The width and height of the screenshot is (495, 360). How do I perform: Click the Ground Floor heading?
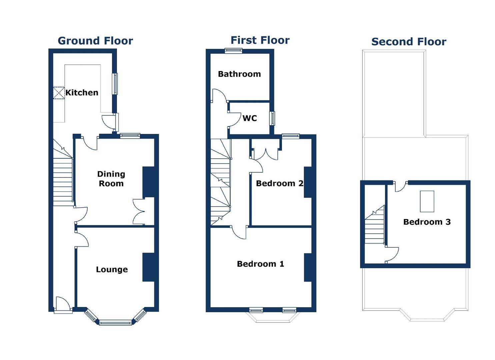pyautogui.click(x=95, y=41)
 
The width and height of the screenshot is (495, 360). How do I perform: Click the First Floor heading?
pyautogui.click(x=260, y=40)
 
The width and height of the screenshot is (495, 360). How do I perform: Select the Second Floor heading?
pyautogui.click(x=409, y=42)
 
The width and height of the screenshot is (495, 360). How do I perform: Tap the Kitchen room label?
pyautogui.click(x=82, y=93)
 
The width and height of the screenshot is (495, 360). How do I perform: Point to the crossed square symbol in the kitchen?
pyautogui.click(x=59, y=93)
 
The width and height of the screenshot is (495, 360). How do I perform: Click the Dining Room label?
pyautogui.click(x=111, y=179)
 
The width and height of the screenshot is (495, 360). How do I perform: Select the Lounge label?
pyautogui.click(x=112, y=269)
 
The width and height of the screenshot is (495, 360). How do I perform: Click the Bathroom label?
pyautogui.click(x=239, y=74)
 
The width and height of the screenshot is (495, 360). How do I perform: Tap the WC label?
pyautogui.click(x=250, y=118)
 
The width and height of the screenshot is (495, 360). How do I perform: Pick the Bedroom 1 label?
pyautogui.click(x=260, y=264)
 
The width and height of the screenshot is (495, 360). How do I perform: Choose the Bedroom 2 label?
pyautogui.click(x=279, y=183)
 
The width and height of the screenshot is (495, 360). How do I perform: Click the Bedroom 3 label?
pyautogui.click(x=427, y=222)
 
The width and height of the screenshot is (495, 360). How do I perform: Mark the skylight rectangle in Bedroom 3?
pyautogui.click(x=427, y=201)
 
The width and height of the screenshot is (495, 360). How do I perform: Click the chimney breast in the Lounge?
pyautogui.click(x=148, y=267)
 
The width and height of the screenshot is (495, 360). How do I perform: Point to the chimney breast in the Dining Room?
pyautogui.click(x=148, y=182)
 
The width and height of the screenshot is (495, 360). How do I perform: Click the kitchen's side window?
pyautogui.click(x=115, y=84)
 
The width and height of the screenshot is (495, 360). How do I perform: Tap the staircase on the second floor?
pyautogui.click(x=375, y=227)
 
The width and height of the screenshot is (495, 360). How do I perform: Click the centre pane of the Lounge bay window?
pyautogui.click(x=115, y=322)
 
